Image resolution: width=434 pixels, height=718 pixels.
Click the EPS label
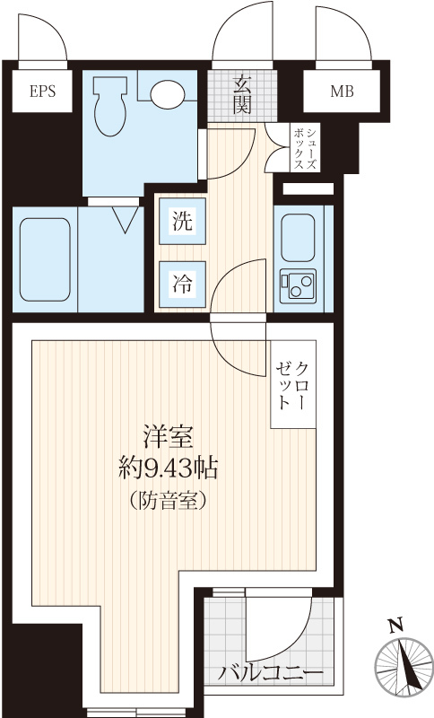click(42, 92)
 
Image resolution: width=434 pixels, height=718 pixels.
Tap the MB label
click(342, 92)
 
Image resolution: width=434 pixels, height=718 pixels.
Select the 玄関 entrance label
click(242, 96)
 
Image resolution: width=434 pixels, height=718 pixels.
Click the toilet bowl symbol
click(109, 106)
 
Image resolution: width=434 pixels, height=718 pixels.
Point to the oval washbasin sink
click(168, 94)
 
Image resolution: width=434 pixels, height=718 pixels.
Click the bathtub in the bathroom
click(45, 259)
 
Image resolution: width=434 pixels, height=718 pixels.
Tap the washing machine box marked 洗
click(182, 221)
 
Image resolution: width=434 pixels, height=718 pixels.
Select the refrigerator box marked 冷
click(182, 285)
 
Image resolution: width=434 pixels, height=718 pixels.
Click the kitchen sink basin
click(298, 238)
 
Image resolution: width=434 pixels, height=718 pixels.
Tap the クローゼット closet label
click(292, 385)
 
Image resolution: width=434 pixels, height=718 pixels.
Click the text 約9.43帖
click(168, 468)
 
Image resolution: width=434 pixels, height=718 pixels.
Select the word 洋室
click(168, 437)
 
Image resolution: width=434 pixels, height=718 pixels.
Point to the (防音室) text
click(168, 501)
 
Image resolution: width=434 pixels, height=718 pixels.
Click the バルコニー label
click(270, 674)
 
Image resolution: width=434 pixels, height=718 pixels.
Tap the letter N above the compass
click(395, 625)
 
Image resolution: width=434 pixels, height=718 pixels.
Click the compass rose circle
click(404, 667)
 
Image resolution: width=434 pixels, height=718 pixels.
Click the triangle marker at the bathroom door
click(125, 219)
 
